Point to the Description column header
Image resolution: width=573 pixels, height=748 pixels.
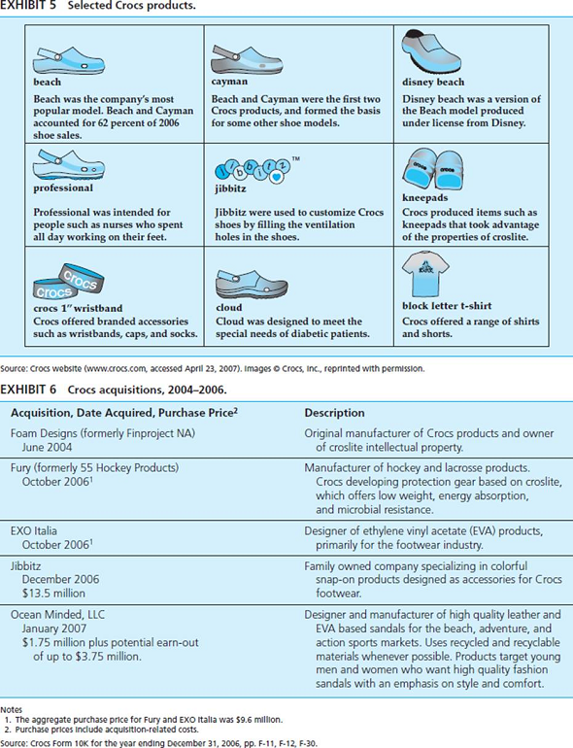click(334, 413)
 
